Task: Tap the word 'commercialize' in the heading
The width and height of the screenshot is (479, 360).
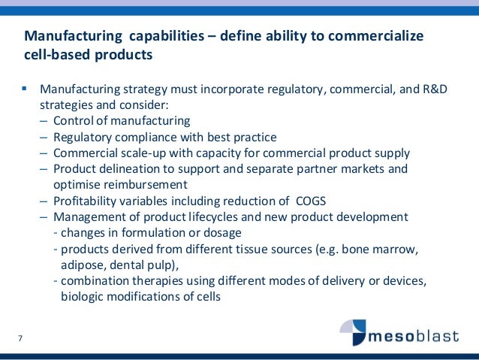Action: (378, 36)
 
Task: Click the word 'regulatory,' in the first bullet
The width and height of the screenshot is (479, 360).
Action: (289, 90)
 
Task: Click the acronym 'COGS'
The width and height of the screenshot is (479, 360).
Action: (309, 201)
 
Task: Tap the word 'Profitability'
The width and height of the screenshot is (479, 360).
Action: (89, 201)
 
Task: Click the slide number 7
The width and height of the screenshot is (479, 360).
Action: (20, 337)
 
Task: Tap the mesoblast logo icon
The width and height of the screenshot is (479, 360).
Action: (354, 331)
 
